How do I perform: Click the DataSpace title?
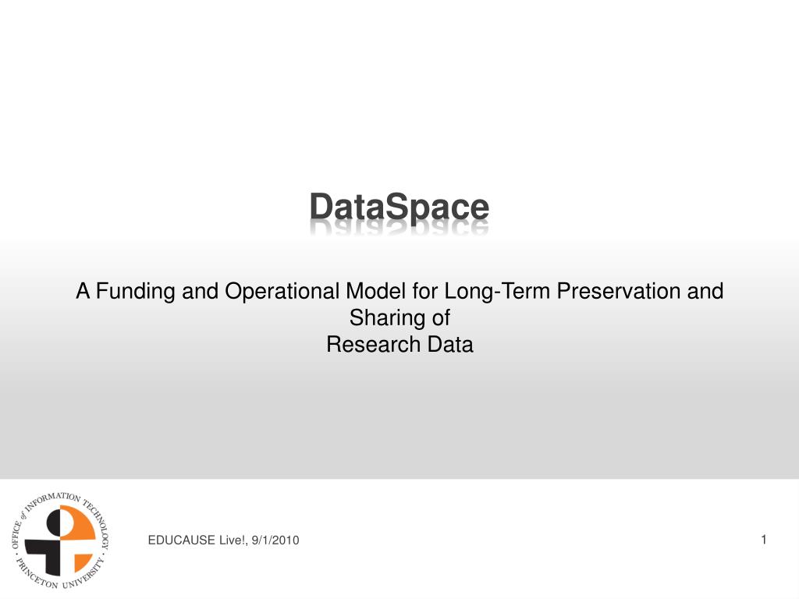point(399,207)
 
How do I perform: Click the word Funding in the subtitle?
point(136,292)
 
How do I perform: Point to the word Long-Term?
point(497,292)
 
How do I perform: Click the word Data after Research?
point(450,344)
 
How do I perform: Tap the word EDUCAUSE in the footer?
point(181,540)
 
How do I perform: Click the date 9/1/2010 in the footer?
point(275,540)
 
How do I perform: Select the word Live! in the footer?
point(233,540)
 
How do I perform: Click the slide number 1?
point(764,540)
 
